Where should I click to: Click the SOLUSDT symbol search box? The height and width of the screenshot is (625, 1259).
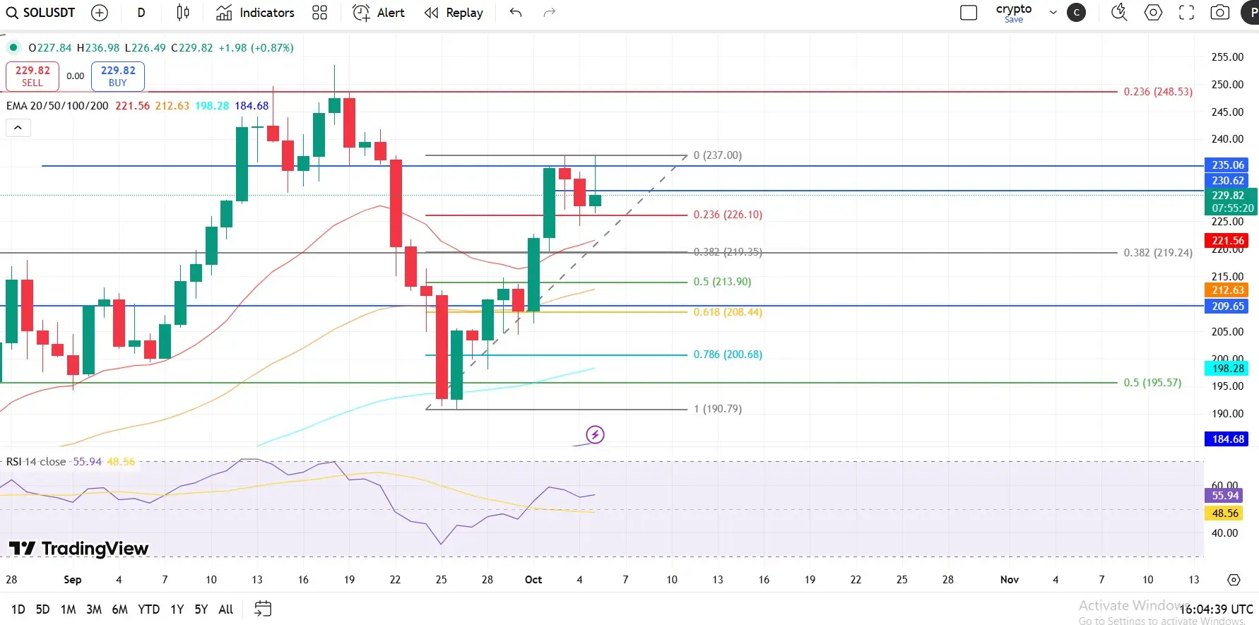[x=41, y=13]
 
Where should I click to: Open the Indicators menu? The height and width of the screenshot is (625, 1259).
[x=255, y=13]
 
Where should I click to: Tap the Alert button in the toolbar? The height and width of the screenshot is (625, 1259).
[x=379, y=13]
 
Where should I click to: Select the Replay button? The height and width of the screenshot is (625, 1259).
[x=454, y=13]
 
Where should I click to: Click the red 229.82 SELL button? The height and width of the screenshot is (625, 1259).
[x=32, y=76]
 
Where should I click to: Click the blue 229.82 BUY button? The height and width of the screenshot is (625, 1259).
[x=118, y=76]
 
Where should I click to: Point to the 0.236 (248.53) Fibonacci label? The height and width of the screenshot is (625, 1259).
[x=1157, y=92]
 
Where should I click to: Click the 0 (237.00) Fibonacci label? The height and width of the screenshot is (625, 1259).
[x=717, y=155]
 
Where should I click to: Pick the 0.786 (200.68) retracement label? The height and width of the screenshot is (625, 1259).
[x=728, y=355]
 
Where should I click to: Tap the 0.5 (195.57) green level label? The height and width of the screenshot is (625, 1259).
[x=1152, y=383]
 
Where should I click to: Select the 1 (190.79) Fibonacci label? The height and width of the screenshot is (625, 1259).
[x=717, y=409]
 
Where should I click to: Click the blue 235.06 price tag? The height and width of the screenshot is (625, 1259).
[x=1227, y=165]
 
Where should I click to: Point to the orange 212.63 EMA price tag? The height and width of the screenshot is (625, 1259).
[x=1227, y=290]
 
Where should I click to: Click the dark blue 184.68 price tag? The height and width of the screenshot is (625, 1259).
[x=1227, y=439]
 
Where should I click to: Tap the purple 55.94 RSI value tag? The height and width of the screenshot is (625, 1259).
[x=1224, y=496]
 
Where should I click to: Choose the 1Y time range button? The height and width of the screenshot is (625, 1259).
[x=177, y=609]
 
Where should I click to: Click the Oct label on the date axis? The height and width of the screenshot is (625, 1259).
[x=533, y=580]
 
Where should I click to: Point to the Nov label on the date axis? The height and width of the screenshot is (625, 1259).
[x=1009, y=580]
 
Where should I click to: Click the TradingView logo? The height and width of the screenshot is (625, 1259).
[x=78, y=549]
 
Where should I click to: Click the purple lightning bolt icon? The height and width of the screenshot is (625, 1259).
[x=595, y=434]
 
